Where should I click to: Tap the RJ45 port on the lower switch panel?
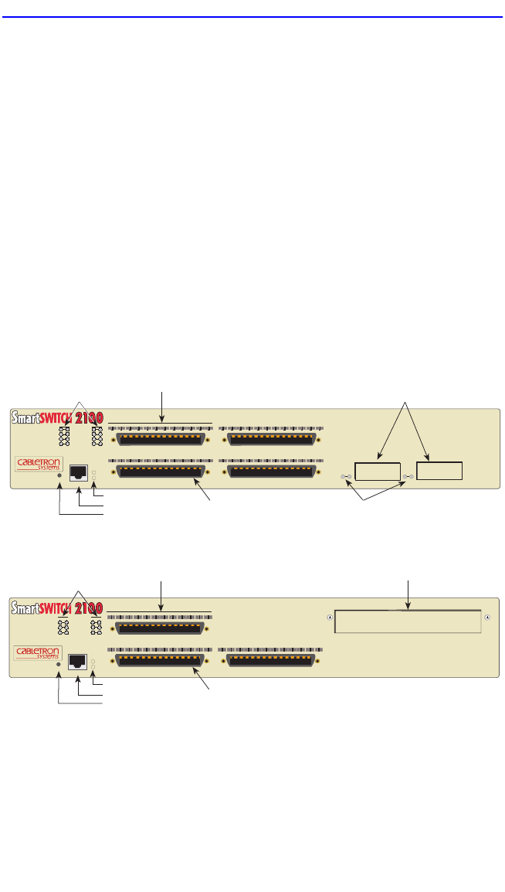coord(77,661)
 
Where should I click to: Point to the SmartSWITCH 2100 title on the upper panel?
coord(57,418)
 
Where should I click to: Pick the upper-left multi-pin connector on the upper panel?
coord(161,439)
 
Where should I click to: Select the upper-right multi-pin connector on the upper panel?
coord(271,439)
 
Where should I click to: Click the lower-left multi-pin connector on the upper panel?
coord(161,472)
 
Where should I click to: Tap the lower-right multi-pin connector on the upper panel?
coord(271,472)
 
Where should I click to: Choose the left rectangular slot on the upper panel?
coord(378,471)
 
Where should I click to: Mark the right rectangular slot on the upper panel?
coord(439,471)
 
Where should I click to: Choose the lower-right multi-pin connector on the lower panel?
coord(271,661)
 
